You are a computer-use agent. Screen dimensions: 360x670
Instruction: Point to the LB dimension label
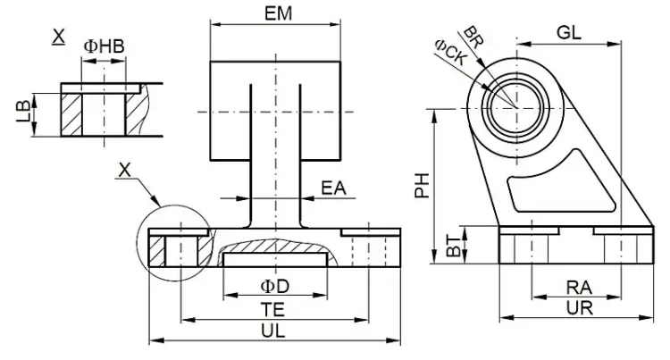pyautogui.click(x=23, y=113)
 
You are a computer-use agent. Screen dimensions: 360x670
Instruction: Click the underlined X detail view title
pyautogui.click(x=59, y=37)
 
